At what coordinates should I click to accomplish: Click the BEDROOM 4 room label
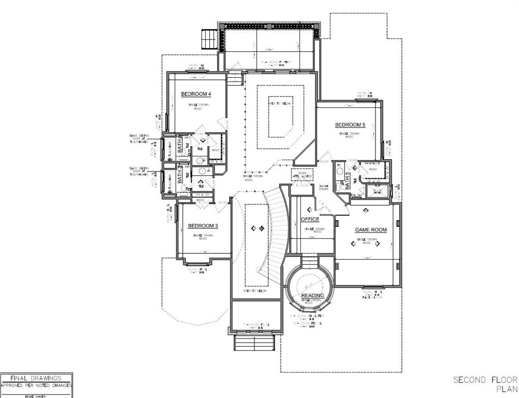pyautogui.click(x=196, y=94)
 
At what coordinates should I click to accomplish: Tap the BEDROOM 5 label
pyautogui.click(x=350, y=125)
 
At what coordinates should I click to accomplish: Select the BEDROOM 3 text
pyautogui.click(x=203, y=225)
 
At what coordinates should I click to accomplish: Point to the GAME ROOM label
pyautogui.click(x=371, y=230)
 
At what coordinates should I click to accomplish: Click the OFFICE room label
pyautogui.click(x=310, y=219)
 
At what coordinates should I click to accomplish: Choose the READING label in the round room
pyautogui.click(x=313, y=295)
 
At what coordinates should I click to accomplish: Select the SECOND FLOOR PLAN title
pyautogui.click(x=485, y=384)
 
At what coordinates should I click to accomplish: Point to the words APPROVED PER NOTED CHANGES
pyautogui.click(x=36, y=386)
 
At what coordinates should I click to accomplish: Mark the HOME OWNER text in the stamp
pyautogui.click(x=36, y=395)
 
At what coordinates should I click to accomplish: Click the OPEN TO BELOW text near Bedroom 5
pyautogui.click(x=280, y=104)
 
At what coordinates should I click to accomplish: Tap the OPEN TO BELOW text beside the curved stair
pyautogui.click(x=255, y=291)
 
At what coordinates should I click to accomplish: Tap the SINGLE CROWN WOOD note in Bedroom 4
pyautogui.click(x=197, y=107)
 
